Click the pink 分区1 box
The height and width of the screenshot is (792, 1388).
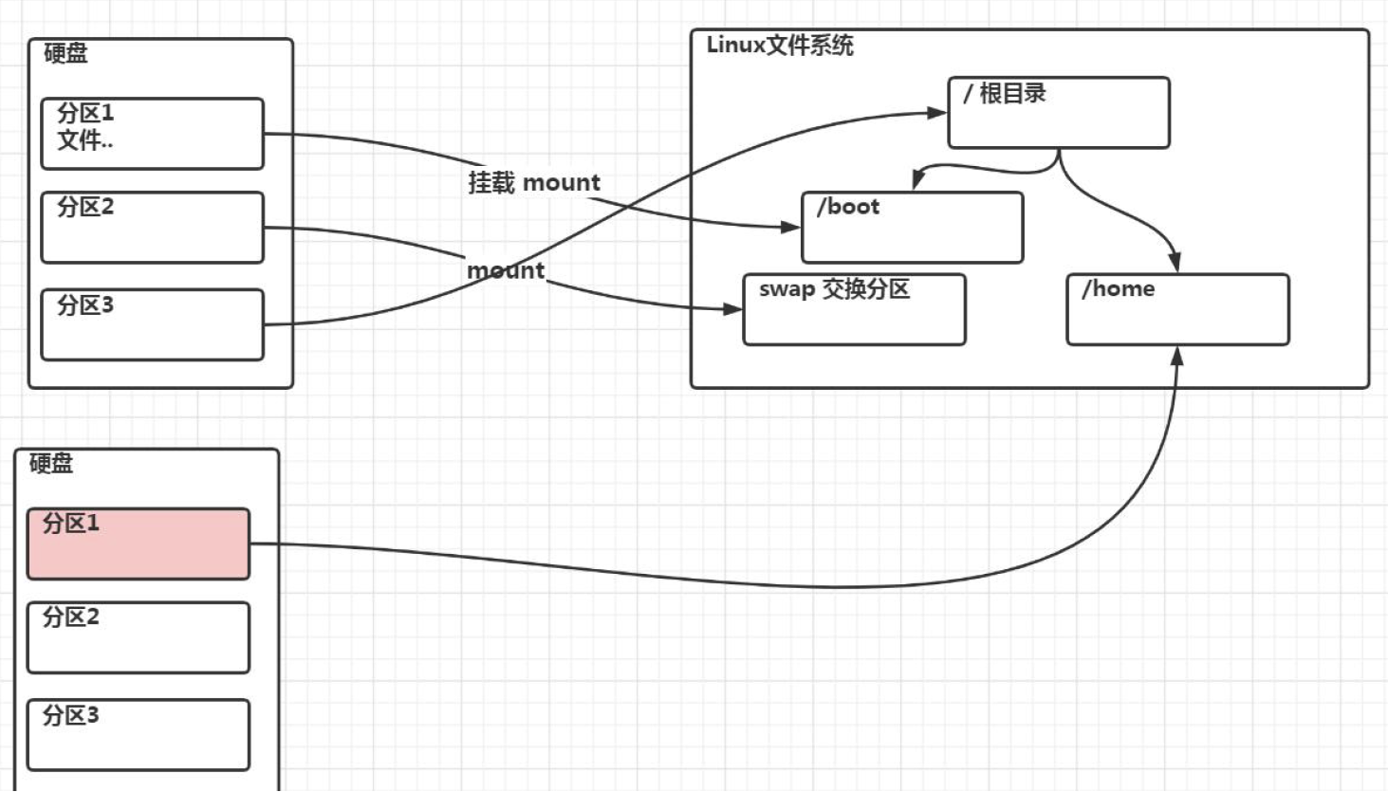pos(139,543)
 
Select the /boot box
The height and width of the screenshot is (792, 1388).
pos(912,228)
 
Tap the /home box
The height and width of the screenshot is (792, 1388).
pos(1177,310)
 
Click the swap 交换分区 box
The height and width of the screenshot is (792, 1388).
pos(854,310)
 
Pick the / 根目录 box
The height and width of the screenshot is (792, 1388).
pos(1059,113)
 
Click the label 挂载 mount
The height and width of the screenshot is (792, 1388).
pos(534,182)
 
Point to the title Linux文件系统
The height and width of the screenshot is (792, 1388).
pos(780,46)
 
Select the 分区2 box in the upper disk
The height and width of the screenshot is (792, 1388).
pos(152,228)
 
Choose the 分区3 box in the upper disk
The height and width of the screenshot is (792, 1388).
pos(152,324)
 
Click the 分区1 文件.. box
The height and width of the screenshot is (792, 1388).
pos(152,134)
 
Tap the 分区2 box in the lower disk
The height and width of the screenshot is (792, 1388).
pos(139,637)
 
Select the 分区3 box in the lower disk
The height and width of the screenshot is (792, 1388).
pos(139,734)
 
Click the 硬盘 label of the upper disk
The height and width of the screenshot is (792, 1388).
pos(65,53)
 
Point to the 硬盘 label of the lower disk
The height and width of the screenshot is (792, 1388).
pos(51,463)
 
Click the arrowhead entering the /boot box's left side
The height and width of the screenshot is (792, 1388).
pos(791,227)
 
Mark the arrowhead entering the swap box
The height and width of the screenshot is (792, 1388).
pos(732,308)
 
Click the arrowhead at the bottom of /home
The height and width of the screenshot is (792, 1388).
pos(1177,356)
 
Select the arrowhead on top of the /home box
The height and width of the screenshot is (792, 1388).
pos(1175,263)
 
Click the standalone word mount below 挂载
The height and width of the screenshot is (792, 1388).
pos(506,270)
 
